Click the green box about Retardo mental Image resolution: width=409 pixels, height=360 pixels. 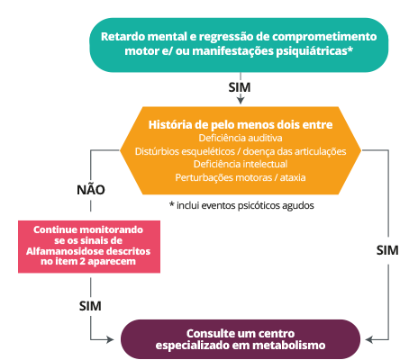point(239,45)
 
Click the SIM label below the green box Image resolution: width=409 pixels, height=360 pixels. point(240,87)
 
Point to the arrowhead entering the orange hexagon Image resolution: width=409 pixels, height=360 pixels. point(241,101)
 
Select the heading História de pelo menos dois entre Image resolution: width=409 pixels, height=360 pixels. point(241,124)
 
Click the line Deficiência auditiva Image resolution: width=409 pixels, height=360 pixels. point(241,138)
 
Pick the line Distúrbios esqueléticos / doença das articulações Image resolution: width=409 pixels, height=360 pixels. point(241,151)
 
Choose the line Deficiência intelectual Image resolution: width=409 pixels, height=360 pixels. point(241,164)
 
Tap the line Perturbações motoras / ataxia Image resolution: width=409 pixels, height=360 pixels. point(241,177)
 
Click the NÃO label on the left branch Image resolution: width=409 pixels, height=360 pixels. point(91,190)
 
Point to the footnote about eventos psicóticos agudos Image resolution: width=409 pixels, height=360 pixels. point(241,205)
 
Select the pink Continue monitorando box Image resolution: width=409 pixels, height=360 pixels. point(89,247)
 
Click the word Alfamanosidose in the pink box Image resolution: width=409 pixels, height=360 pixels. point(61,251)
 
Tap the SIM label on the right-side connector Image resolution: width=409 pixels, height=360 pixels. point(387,250)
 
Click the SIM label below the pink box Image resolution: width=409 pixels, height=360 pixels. point(90,306)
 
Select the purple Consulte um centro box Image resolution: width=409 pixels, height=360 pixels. point(241,339)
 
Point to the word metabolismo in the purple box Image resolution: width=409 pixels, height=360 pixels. point(289,346)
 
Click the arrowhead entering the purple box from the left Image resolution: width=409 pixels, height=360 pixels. point(110,340)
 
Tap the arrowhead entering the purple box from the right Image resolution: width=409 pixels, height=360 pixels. point(369,340)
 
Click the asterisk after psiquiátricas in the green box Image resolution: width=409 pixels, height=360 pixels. point(350,49)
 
